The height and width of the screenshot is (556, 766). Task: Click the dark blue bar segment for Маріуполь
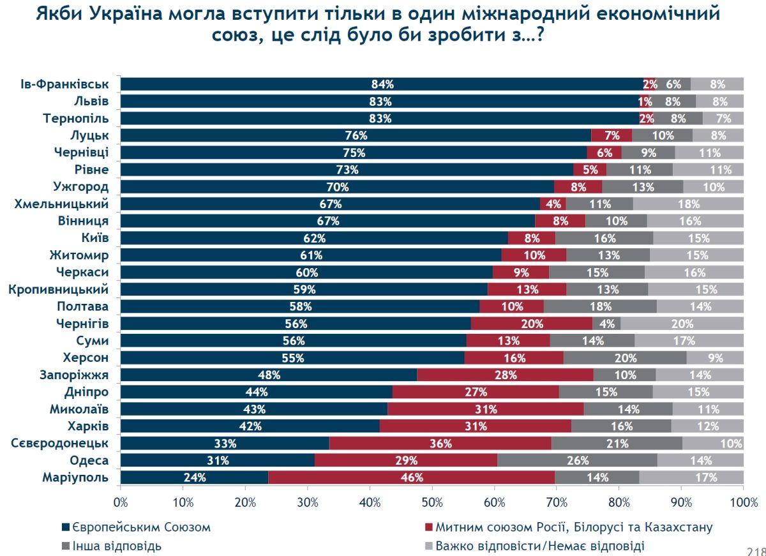pos(195,477)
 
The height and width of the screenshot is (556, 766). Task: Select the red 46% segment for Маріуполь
pos(411,477)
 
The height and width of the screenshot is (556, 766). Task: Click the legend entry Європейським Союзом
pos(141,527)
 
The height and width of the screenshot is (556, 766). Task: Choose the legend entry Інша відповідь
pos(116,546)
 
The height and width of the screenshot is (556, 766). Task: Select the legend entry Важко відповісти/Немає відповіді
pos(539,546)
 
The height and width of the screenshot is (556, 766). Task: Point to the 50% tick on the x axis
pos(432,502)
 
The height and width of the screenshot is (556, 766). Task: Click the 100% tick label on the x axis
pos(743,502)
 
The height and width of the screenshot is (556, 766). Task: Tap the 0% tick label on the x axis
pos(121,502)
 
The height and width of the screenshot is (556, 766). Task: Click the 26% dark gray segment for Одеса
pos(577,460)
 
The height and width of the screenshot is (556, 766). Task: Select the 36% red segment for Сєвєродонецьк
pos(440,443)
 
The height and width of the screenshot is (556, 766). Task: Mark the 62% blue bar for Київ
pos(314,238)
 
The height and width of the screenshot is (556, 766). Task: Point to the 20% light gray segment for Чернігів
pos(682,324)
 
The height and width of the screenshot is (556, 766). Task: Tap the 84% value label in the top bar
pos(382,84)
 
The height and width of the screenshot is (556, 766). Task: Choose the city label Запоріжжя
pos(78,375)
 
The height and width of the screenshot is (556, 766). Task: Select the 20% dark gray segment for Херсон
pos(625,357)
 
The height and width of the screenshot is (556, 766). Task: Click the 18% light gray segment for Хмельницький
pos(688,204)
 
